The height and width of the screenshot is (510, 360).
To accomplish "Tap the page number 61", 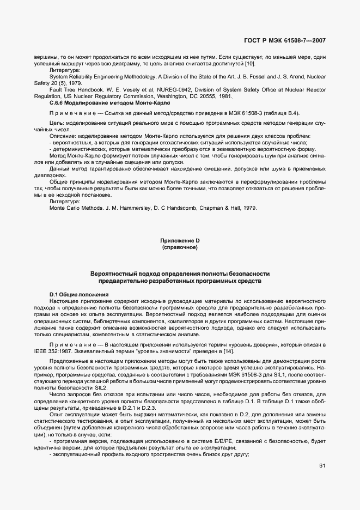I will [x=322, y=465].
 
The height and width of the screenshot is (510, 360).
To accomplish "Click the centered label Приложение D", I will [x=180, y=241].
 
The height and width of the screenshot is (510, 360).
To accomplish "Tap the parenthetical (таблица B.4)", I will [x=279, y=113].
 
